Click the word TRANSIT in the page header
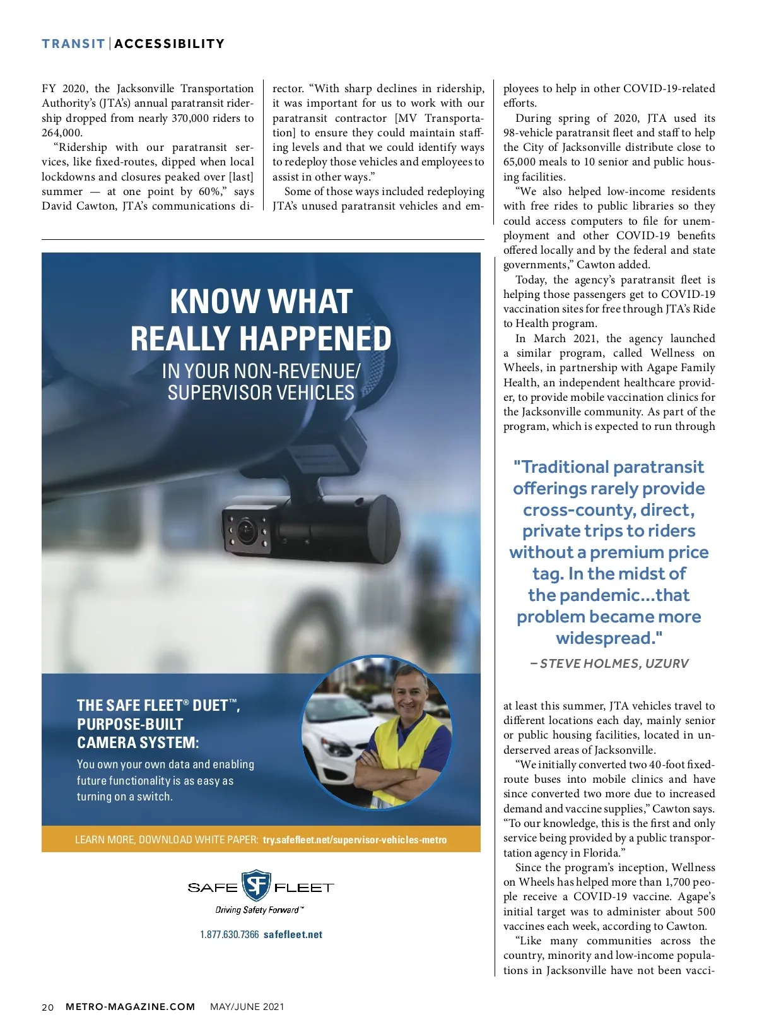(73, 44)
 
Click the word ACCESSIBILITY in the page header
(170, 44)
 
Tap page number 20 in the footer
(47, 1007)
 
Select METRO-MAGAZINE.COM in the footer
(131, 1007)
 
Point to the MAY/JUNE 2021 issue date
(247, 1007)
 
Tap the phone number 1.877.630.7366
(230, 934)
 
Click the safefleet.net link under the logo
(293, 934)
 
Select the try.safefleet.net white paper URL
(355, 840)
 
